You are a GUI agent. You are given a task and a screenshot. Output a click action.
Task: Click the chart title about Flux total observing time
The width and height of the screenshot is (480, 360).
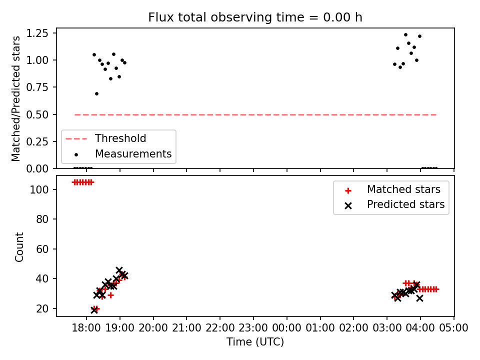tap(255, 17)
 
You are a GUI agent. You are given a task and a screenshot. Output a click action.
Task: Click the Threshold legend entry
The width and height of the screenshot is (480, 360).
tap(120, 138)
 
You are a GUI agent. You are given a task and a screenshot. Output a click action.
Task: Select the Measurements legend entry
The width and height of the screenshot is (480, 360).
tap(133, 154)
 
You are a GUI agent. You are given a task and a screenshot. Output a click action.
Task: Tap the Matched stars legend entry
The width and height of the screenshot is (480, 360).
tap(403, 189)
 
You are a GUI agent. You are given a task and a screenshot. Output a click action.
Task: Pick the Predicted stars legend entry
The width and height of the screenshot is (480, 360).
tap(405, 204)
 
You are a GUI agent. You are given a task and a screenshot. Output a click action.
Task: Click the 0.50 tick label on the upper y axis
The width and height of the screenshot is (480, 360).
tap(37, 114)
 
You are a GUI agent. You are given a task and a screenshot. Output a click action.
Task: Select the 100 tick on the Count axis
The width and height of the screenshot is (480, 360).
tap(39, 190)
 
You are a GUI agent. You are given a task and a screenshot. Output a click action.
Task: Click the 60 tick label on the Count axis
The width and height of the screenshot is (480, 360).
tap(42, 249)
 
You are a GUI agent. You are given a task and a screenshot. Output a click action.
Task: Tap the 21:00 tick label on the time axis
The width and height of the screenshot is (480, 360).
tap(186, 328)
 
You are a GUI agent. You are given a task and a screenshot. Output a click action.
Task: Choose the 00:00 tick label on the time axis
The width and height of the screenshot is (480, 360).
tap(287, 328)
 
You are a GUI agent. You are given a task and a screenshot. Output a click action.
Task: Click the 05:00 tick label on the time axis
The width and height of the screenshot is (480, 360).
tap(453, 328)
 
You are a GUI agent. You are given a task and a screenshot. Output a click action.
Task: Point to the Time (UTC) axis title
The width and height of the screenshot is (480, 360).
tap(255, 341)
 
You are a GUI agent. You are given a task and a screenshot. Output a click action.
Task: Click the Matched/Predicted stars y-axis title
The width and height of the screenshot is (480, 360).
tap(16, 98)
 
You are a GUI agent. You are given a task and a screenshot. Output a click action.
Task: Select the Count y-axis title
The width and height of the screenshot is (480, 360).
tap(19, 247)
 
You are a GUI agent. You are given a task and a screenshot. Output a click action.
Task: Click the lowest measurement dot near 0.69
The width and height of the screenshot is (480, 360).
tap(96, 93)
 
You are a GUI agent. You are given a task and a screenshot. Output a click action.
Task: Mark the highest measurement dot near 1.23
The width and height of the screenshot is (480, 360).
tap(405, 34)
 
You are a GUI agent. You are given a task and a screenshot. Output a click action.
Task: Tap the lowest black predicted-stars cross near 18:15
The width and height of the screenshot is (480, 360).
tap(94, 310)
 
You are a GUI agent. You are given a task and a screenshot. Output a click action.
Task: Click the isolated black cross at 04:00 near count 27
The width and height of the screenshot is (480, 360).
tap(419, 298)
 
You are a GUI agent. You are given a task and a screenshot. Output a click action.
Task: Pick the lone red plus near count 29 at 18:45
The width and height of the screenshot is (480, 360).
tap(111, 295)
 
